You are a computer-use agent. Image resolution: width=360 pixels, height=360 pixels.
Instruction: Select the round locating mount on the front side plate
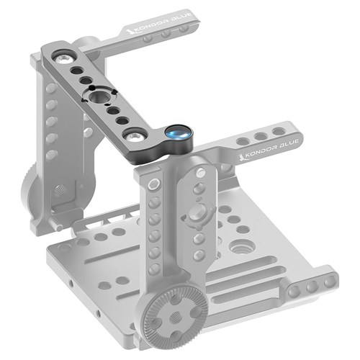pos(196,215)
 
